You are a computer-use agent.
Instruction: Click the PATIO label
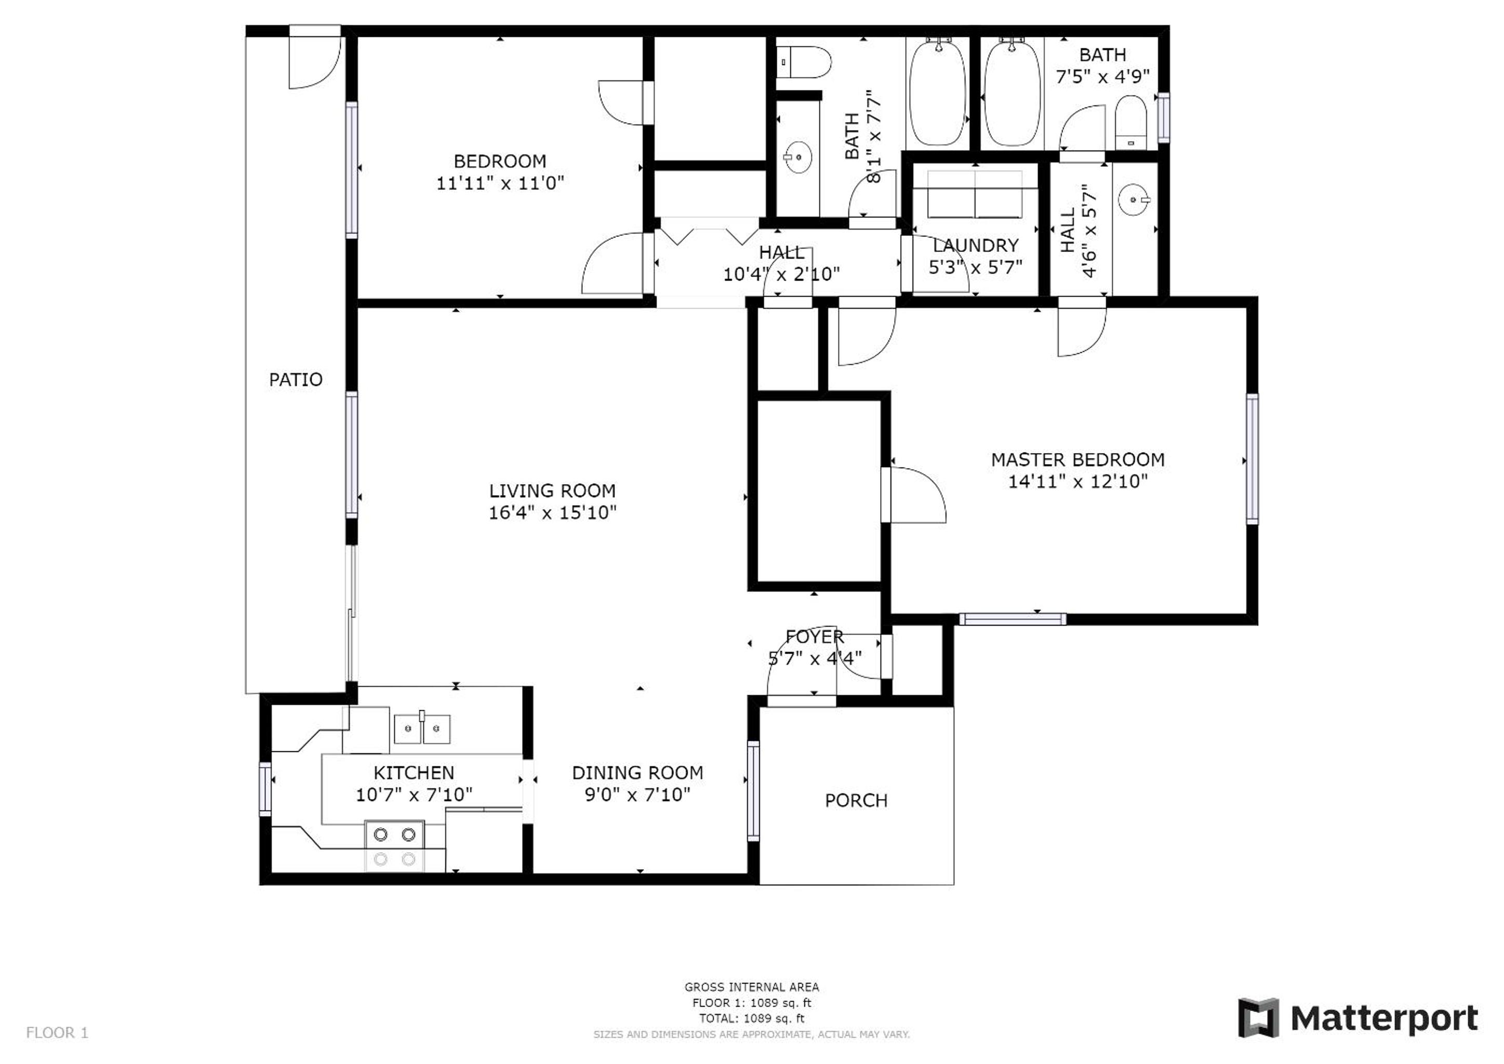tap(296, 379)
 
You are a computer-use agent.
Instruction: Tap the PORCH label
tap(856, 800)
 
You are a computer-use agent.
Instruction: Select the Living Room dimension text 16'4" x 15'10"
tap(552, 512)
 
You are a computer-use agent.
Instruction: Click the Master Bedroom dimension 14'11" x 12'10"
tap(1077, 482)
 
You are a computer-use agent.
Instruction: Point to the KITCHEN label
tap(414, 773)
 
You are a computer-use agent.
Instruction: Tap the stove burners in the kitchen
tap(394, 846)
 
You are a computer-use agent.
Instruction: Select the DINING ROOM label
tap(637, 773)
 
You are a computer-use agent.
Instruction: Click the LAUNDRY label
tap(975, 245)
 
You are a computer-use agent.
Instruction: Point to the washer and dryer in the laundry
tap(975, 195)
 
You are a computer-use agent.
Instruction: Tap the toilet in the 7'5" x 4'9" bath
tap(1130, 123)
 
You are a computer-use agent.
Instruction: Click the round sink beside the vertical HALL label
tap(1133, 199)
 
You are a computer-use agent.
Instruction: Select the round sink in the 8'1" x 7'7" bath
tap(798, 157)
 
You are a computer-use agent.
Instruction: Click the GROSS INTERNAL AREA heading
tap(751, 987)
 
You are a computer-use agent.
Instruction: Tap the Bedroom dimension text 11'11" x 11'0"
tap(500, 183)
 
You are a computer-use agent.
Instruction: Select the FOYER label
tap(814, 636)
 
